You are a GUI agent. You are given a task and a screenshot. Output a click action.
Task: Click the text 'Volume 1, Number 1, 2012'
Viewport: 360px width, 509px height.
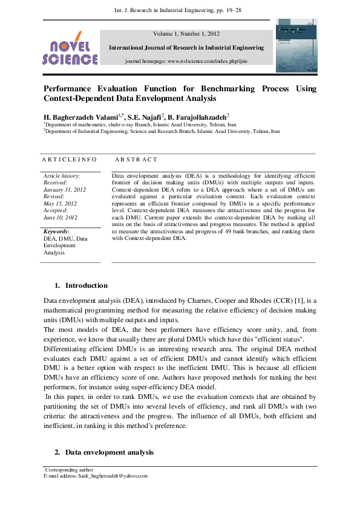(x=186, y=34)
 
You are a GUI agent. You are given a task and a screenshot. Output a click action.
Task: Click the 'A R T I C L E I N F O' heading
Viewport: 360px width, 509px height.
(x=69, y=160)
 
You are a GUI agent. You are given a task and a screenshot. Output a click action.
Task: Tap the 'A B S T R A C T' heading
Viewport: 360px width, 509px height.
(x=136, y=160)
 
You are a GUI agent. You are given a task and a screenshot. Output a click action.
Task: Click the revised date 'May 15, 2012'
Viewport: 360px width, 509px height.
(x=60, y=203)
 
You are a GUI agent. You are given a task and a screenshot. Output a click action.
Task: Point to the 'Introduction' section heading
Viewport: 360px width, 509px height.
(x=86, y=285)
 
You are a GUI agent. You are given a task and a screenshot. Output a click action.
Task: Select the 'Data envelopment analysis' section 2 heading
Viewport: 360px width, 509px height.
(x=109, y=452)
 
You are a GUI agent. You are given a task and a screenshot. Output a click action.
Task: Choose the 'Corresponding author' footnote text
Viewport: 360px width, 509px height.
(x=68, y=470)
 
